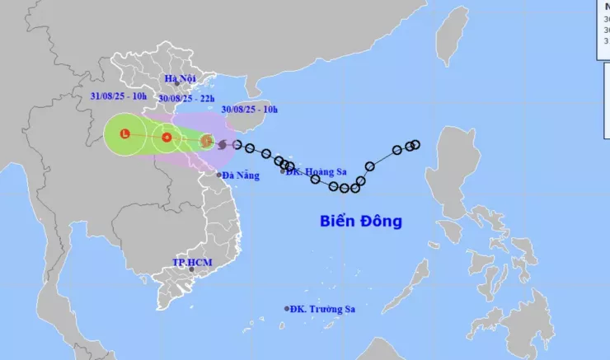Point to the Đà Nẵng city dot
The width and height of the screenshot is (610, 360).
click(x=219, y=175)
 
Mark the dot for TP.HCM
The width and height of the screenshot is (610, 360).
click(x=191, y=269)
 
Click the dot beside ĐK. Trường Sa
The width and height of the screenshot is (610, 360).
click(x=287, y=309)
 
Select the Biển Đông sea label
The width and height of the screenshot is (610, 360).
click(x=361, y=221)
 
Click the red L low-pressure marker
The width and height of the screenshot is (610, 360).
click(x=124, y=133)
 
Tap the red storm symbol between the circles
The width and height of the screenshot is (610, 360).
click(x=167, y=138)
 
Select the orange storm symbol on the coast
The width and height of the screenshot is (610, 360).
click(x=206, y=141)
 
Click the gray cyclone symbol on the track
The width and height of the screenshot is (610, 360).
click(x=223, y=144)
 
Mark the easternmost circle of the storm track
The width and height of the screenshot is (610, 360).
click(x=415, y=145)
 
